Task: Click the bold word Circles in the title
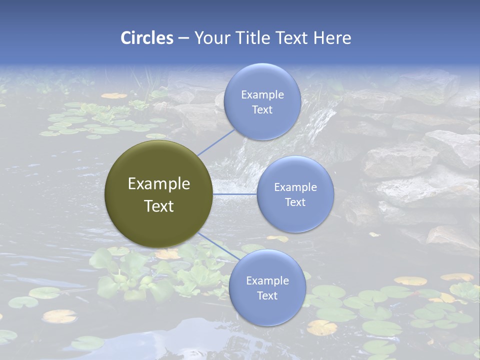147,38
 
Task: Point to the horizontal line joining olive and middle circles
234,194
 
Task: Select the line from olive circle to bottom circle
216,246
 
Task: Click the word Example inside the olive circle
158,184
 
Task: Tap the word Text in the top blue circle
262,110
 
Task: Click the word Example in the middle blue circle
295,187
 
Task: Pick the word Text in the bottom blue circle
267,296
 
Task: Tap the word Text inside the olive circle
158,206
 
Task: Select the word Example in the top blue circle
262,95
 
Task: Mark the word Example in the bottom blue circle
267,281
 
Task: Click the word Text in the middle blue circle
295,202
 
